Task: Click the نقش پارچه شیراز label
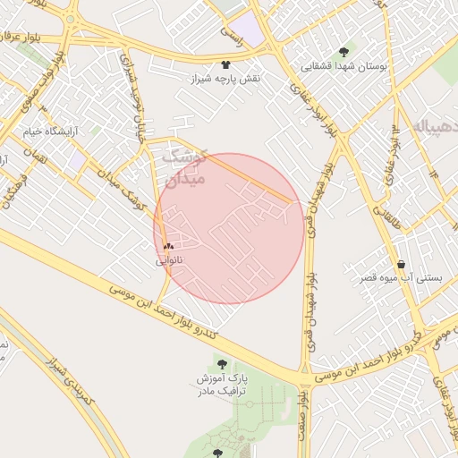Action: click(x=225, y=79)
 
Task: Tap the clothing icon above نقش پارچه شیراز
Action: click(x=225, y=64)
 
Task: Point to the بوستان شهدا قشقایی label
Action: click(x=344, y=66)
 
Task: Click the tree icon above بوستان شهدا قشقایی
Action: click(x=344, y=51)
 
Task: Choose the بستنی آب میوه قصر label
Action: click(x=400, y=279)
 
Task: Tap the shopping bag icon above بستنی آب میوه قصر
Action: click(x=400, y=265)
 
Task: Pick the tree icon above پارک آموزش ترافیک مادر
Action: click(x=222, y=365)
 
